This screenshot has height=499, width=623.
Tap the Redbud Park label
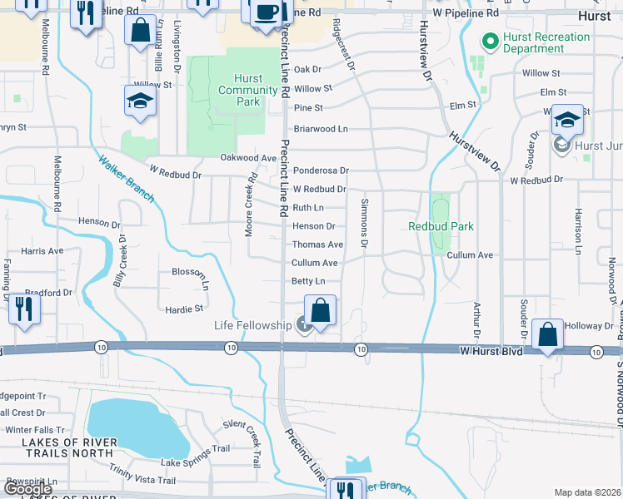pyautogui.click(x=441, y=226)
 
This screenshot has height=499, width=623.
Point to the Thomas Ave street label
pyautogui.click(x=317, y=245)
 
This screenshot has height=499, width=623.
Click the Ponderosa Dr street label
pyautogui.click(x=321, y=170)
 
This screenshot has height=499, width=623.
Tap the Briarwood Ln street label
pyautogui.click(x=320, y=129)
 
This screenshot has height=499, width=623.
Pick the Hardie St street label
pyautogui.click(x=184, y=308)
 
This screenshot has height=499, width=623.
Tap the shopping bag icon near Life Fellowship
pyautogui.click(x=320, y=311)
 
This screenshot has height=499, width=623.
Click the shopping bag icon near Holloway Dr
pyautogui.click(x=547, y=335)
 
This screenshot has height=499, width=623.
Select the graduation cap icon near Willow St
pyautogui.click(x=141, y=101)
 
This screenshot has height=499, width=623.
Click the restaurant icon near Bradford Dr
pyautogui.click(x=23, y=309)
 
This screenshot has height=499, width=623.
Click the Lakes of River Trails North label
pyautogui.click(x=57, y=447)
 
